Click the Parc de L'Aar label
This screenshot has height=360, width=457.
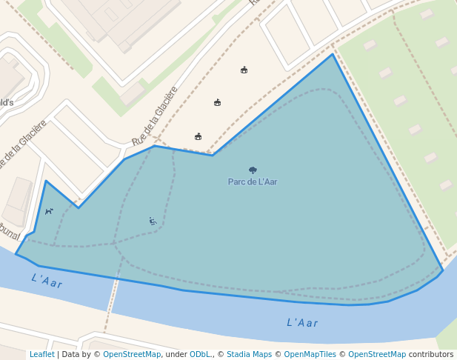(x=253, y=181)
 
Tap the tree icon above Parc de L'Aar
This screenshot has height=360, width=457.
(x=253, y=170)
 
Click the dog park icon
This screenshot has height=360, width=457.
(x=49, y=211)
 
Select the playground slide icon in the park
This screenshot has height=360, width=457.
(x=152, y=221)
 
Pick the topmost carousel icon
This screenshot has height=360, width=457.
(x=244, y=70)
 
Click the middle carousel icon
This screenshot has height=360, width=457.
(x=217, y=102)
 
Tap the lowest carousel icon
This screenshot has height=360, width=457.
(x=198, y=136)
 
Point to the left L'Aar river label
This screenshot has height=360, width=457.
(x=47, y=281)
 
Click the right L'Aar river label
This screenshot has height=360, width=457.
(x=302, y=322)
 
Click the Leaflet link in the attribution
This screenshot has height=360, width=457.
(x=41, y=354)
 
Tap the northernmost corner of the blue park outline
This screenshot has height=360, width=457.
(x=333, y=54)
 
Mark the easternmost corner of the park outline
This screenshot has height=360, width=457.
(x=442, y=271)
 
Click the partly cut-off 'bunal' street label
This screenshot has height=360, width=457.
(x=9, y=231)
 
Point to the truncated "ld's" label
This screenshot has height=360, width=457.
(x=6, y=102)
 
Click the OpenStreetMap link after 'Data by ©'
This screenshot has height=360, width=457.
(x=132, y=354)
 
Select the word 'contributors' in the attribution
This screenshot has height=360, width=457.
(x=431, y=354)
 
